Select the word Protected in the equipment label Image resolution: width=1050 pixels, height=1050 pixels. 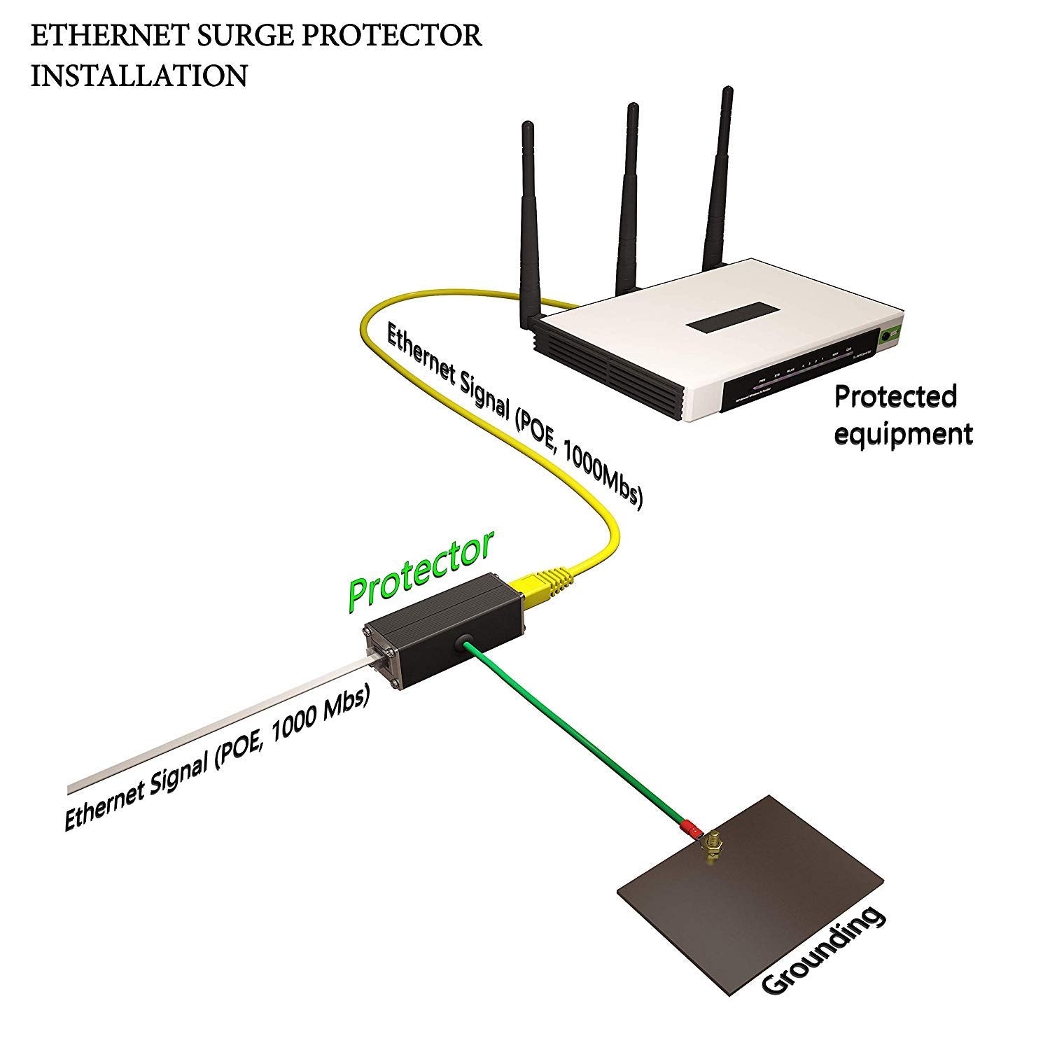click(x=895, y=397)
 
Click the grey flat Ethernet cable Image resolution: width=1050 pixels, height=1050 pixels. click(x=210, y=728)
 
